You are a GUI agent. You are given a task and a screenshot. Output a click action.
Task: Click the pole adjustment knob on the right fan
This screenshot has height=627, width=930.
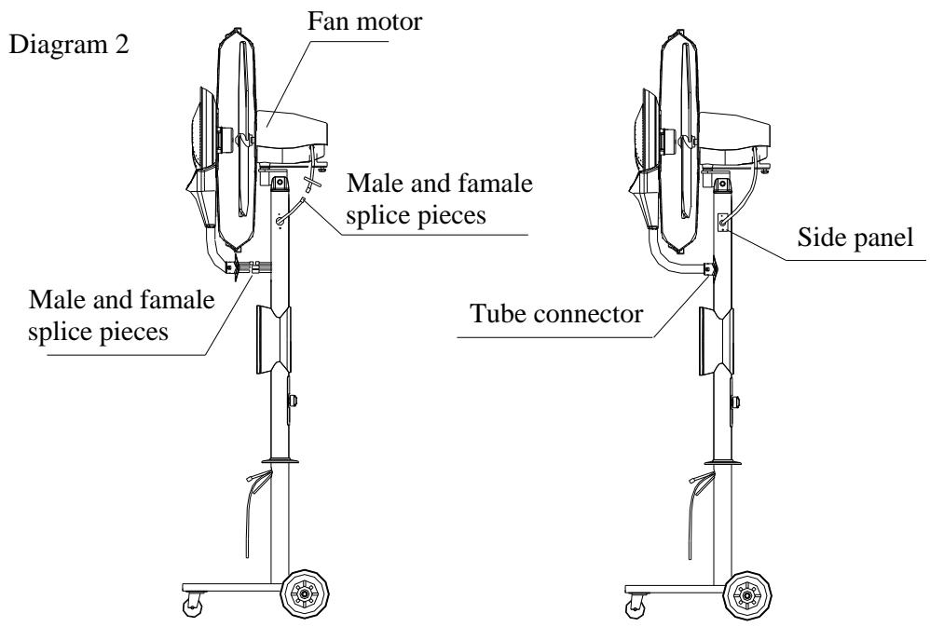(x=735, y=402)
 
